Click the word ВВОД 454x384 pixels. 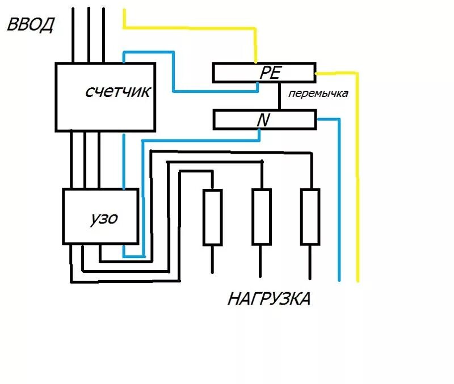[31, 26]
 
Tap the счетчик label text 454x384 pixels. [118, 92]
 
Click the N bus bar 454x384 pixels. [295, 120]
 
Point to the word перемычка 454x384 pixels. [318, 93]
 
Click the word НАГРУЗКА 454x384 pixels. [269, 299]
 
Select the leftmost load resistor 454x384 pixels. [213, 217]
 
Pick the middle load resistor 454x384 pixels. [261, 217]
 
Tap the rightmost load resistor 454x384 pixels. [310, 217]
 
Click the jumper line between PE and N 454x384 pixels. [279, 96]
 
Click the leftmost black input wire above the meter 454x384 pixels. [74, 34]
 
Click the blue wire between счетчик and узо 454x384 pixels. [124, 159]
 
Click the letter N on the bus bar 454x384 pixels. [263, 120]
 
